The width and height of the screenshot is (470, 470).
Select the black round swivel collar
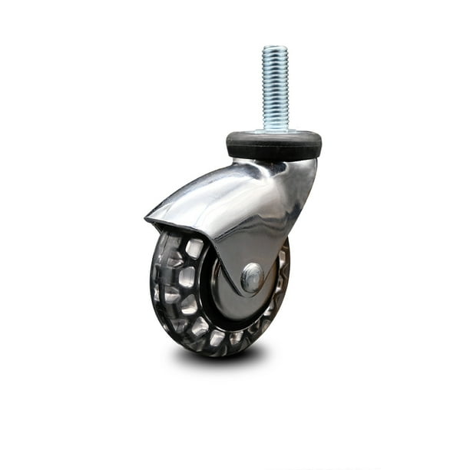273,144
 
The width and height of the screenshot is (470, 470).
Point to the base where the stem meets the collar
275,131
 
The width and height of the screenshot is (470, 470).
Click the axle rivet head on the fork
252,277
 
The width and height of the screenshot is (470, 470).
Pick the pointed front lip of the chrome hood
147,221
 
